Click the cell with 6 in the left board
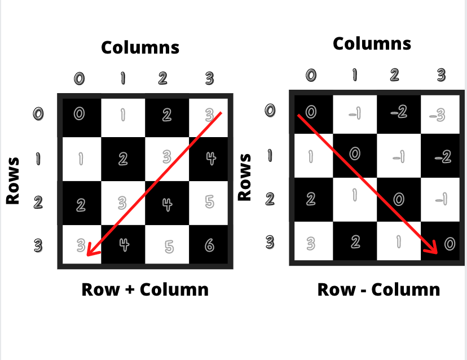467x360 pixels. pos(209,245)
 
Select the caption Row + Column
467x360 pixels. pos(145,289)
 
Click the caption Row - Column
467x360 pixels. pos(378,289)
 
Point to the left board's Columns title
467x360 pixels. pos(140,47)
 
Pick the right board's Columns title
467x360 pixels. pos(372,43)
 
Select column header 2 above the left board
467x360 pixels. pos(162,78)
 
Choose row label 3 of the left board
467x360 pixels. pos(38,245)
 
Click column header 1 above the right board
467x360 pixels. pos(355,74)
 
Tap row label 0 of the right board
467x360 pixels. pos(270,110)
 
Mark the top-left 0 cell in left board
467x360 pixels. pos(80,114)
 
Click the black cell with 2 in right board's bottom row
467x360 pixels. pos(355,242)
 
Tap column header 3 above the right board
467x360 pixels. pos(441,74)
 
